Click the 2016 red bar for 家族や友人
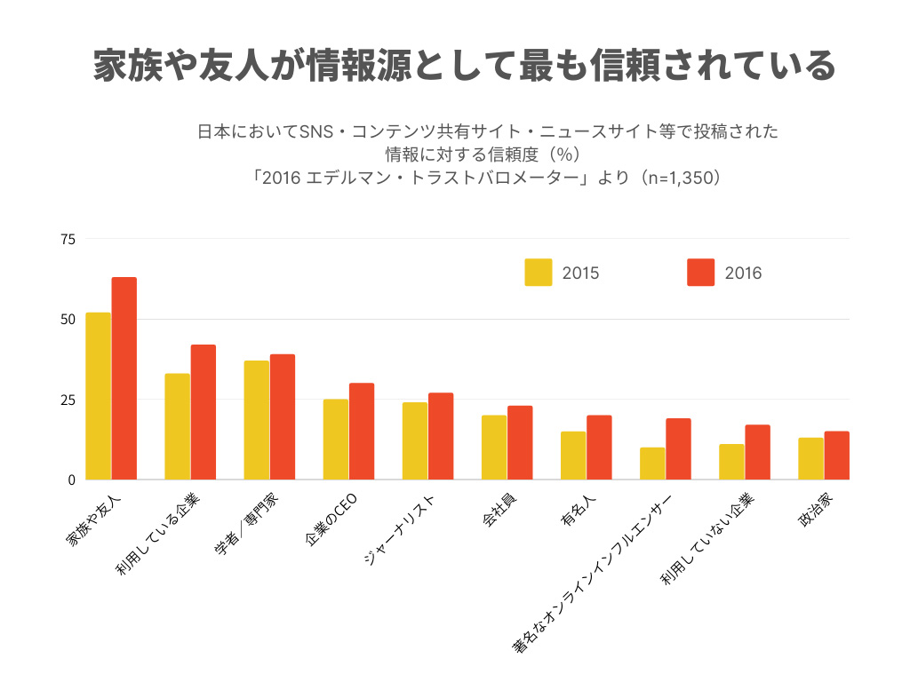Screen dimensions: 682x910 coord(124,378)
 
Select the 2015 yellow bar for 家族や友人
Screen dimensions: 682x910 coord(99,396)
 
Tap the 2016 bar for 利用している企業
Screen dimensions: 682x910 coord(204,412)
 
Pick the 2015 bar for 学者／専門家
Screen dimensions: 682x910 coord(257,420)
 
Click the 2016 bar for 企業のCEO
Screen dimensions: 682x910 coord(362,432)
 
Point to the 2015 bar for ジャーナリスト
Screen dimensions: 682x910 coord(415,441)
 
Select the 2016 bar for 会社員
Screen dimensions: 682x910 coord(520,443)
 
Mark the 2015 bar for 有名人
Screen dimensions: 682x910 coord(573,456)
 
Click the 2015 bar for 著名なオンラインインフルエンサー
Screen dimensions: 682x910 coord(652,464)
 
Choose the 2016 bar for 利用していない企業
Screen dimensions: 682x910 coord(758,453)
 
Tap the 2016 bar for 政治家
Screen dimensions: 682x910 coord(836,456)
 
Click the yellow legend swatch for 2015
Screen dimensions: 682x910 coord(539,273)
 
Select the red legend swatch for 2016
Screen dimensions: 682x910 coord(701,273)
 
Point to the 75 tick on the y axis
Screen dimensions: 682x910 coord(68,239)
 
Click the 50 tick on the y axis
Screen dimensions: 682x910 coord(68,319)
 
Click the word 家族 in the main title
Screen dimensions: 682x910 coord(124,66)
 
